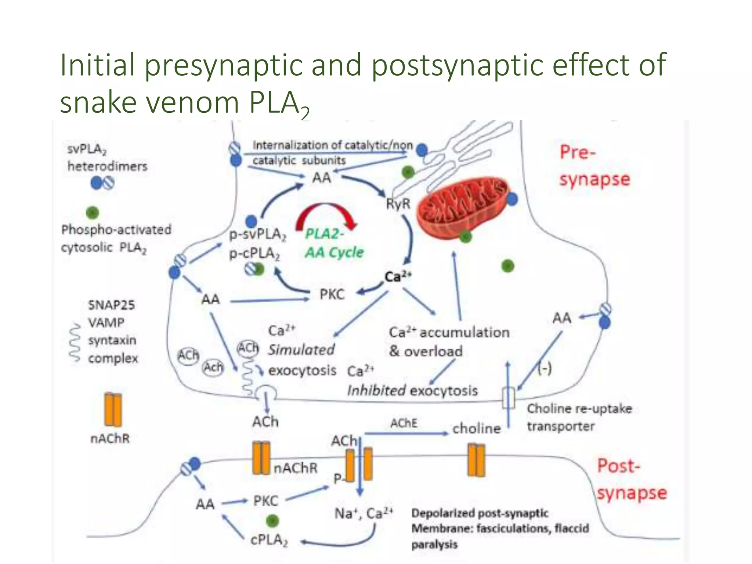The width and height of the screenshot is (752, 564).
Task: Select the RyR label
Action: pyautogui.click(x=398, y=204)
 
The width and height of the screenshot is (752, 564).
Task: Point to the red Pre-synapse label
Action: pyautogui.click(x=594, y=166)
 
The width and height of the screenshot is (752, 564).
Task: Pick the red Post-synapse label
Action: pyautogui.click(x=631, y=479)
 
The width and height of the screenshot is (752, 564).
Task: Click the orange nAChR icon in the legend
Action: pyautogui.click(x=112, y=409)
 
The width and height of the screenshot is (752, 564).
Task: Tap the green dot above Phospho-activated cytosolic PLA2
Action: pyautogui.click(x=93, y=212)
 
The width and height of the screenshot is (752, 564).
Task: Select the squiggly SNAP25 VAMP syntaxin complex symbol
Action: pyautogui.click(x=75, y=342)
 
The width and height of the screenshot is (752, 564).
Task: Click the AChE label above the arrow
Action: pyautogui.click(x=404, y=423)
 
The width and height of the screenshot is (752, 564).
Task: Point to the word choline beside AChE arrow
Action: pyautogui.click(x=476, y=429)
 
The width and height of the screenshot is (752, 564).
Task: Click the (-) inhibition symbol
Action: pyautogui.click(x=544, y=368)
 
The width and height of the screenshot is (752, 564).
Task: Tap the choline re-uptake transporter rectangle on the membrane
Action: pyautogui.click(x=508, y=398)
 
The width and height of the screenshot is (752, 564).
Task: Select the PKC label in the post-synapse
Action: pyautogui.click(x=265, y=501)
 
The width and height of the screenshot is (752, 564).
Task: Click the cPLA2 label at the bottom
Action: pyautogui.click(x=269, y=540)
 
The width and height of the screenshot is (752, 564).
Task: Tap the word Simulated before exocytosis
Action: pyautogui.click(x=301, y=350)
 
